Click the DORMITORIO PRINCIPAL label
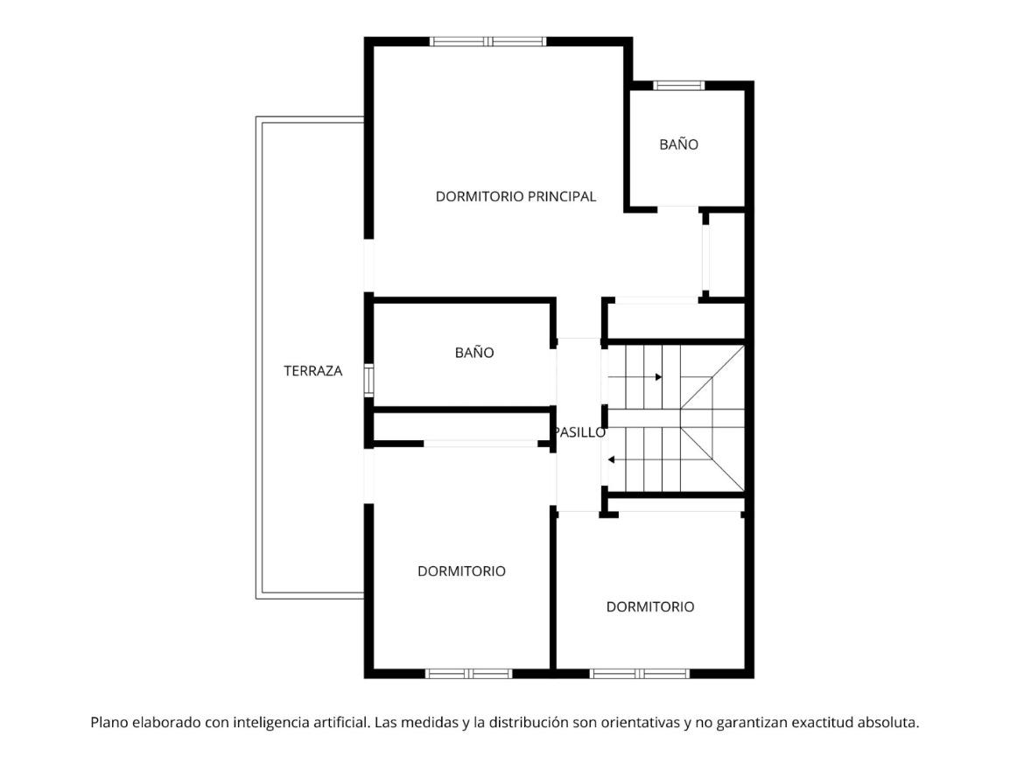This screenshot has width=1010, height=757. click(516, 197)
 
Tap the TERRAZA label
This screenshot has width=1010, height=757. click(313, 371)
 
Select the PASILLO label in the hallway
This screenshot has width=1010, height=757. click(580, 432)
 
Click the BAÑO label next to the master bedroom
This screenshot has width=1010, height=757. click(679, 144)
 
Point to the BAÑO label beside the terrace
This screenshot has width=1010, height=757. click(474, 353)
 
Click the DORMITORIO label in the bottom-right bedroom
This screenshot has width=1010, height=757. click(650, 606)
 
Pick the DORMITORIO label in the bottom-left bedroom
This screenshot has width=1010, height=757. click(462, 571)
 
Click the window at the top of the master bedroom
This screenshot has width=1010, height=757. click(488, 42)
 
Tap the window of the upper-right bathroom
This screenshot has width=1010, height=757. click(679, 86)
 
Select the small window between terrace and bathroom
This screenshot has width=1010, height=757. click(368, 380)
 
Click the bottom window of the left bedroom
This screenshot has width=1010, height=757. click(469, 674)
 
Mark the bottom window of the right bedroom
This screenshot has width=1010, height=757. click(640, 674)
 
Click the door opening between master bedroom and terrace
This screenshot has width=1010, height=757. click(368, 265)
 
